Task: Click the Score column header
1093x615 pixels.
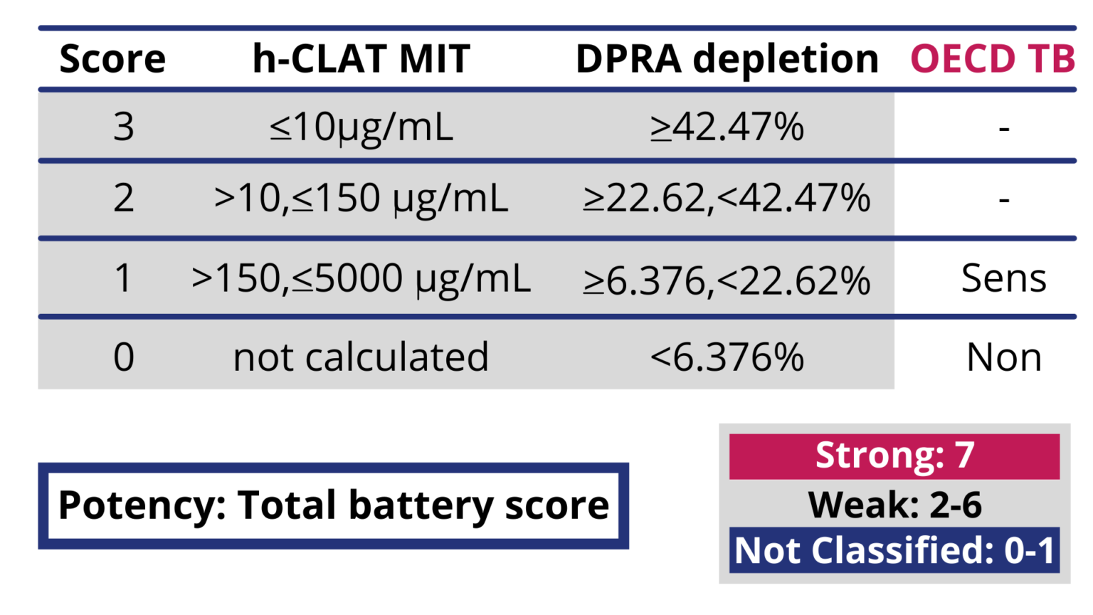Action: point(112,58)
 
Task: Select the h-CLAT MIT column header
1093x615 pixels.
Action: point(361,58)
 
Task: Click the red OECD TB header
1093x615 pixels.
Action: point(993,58)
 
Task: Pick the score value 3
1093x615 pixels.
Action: point(123,127)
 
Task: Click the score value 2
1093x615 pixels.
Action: point(123,198)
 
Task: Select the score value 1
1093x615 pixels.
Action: point(122,278)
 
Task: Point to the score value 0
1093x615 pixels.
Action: point(123,357)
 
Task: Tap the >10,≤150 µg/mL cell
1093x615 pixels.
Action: point(361,199)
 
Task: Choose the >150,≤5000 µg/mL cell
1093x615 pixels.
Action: point(361,279)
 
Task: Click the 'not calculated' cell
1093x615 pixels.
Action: point(361,357)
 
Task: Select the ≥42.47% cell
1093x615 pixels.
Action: point(727,127)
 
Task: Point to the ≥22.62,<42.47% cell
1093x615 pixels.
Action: point(727,198)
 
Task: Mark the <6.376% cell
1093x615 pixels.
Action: point(727,357)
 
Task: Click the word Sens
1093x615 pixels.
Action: point(1004,278)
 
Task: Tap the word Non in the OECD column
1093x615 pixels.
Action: point(1004,357)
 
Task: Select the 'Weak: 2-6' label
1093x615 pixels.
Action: point(894,505)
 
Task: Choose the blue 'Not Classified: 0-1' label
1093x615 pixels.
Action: point(894,550)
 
